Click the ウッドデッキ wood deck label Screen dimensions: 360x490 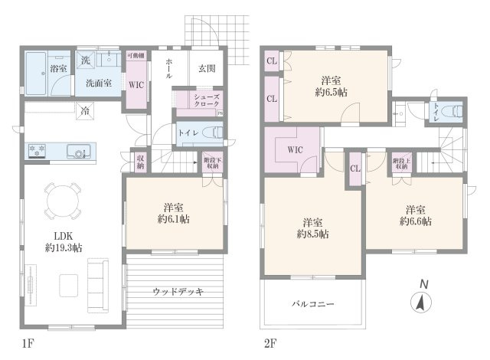click(177, 292)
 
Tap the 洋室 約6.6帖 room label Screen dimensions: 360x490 click(415, 215)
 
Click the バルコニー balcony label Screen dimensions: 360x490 click(312, 304)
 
